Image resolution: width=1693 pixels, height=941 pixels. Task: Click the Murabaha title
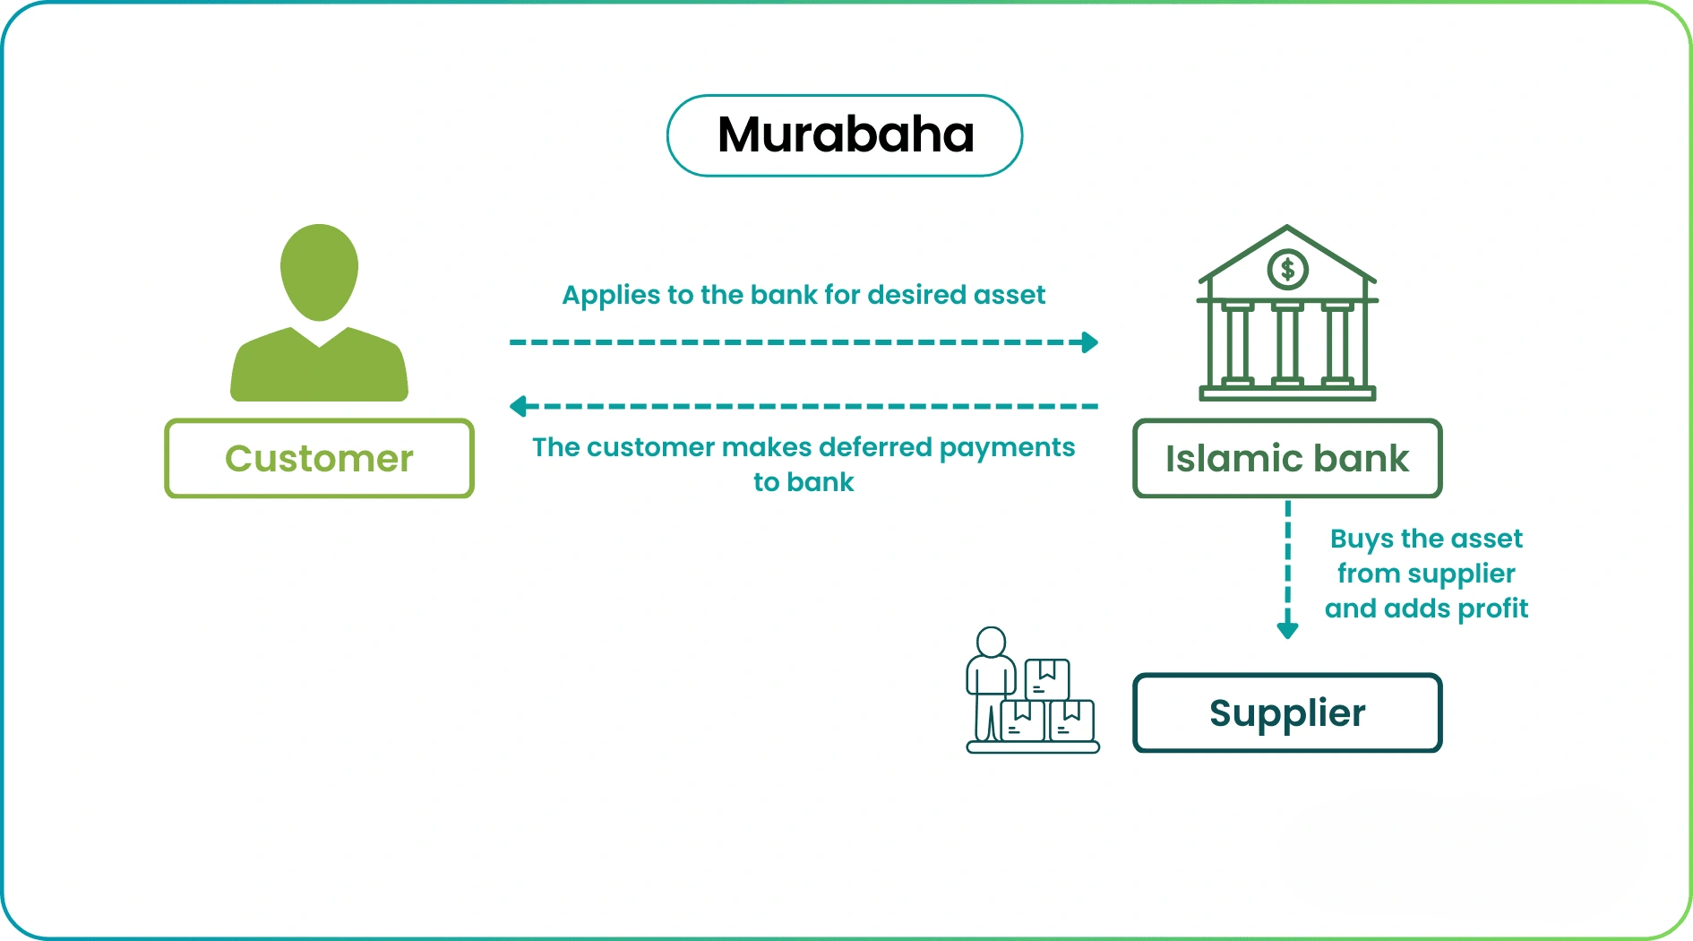(x=845, y=135)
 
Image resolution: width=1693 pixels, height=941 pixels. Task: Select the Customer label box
(x=319, y=458)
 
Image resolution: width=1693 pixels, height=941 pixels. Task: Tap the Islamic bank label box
(x=1287, y=458)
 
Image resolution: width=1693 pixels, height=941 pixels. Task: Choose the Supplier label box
(x=1287, y=712)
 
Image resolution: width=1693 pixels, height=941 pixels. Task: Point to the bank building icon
(x=1287, y=314)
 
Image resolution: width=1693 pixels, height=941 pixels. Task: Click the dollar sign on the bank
(x=1287, y=269)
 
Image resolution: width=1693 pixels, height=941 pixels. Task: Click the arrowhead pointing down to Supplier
(x=1287, y=630)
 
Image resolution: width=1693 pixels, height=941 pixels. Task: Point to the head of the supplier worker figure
(x=991, y=642)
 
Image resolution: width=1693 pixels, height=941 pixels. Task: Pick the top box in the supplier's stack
(x=1046, y=678)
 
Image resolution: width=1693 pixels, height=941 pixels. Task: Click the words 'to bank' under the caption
(x=804, y=482)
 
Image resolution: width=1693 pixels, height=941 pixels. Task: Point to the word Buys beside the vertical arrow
(x=1362, y=539)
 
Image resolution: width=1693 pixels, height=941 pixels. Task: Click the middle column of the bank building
(x=1287, y=345)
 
